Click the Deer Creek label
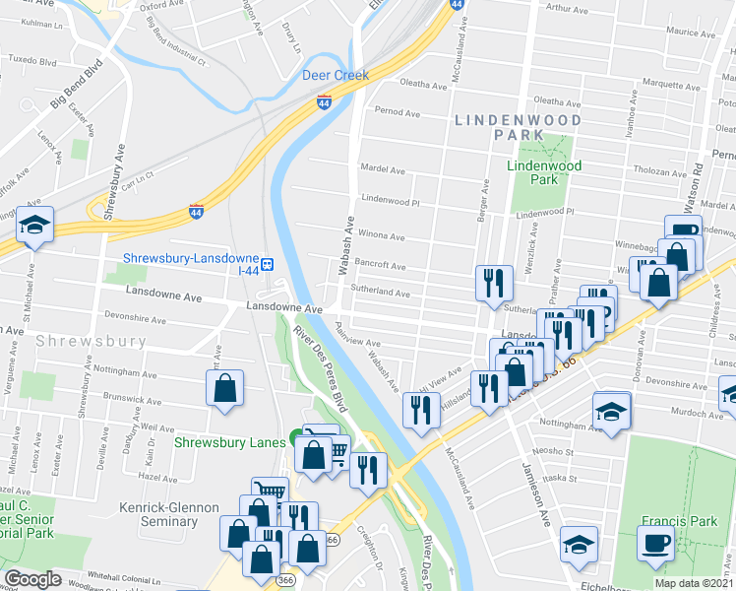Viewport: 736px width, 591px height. coord(336,75)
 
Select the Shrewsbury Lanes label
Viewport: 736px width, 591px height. coord(229,442)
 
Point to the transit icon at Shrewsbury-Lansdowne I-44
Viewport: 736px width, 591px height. coord(267,264)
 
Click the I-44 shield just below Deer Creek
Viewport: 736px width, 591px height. coord(324,100)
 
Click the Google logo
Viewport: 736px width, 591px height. coord(32,579)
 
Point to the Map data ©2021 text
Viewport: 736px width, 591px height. coord(694,583)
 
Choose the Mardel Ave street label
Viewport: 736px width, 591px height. coord(383,170)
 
